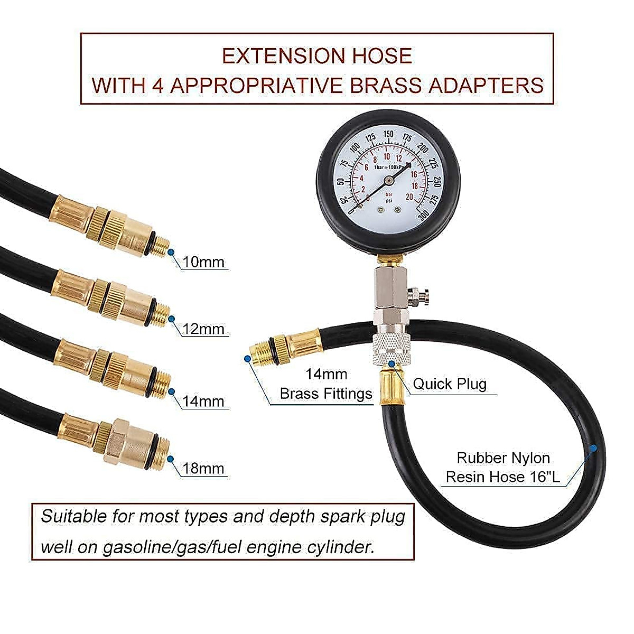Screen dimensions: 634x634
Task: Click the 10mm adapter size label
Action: click(203, 262)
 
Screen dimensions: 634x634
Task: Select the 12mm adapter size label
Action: click(203, 329)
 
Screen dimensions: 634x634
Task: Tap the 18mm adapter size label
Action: click(203, 469)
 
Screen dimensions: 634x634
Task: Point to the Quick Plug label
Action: click(450, 384)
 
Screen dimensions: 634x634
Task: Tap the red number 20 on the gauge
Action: click(408, 196)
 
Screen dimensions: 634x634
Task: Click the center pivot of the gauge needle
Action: click(388, 180)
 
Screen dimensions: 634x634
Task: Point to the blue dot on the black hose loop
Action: click(593, 448)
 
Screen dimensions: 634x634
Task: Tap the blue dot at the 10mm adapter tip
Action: click(171, 252)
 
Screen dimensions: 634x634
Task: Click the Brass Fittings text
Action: click(326, 394)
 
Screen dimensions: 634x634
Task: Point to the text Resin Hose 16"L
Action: click(502, 477)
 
